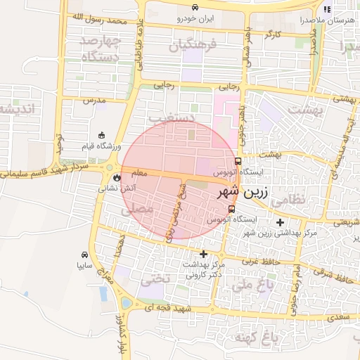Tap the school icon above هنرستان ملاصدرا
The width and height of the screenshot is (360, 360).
pyautogui.click(x=326, y=9)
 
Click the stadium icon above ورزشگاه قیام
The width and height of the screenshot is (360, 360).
pyautogui.click(x=101, y=135)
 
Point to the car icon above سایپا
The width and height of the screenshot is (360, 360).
pyautogui.click(x=84, y=255)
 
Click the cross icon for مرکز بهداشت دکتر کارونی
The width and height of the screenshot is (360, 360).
pyautogui.click(x=203, y=254)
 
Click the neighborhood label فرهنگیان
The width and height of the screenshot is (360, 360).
pyautogui.click(x=190, y=46)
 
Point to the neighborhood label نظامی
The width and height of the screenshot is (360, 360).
pyautogui.click(x=288, y=199)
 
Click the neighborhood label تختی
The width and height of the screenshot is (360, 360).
pyautogui.click(x=155, y=278)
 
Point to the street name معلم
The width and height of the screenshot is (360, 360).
pyautogui.click(x=139, y=172)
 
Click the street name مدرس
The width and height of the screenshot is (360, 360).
pyautogui.click(x=94, y=101)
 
